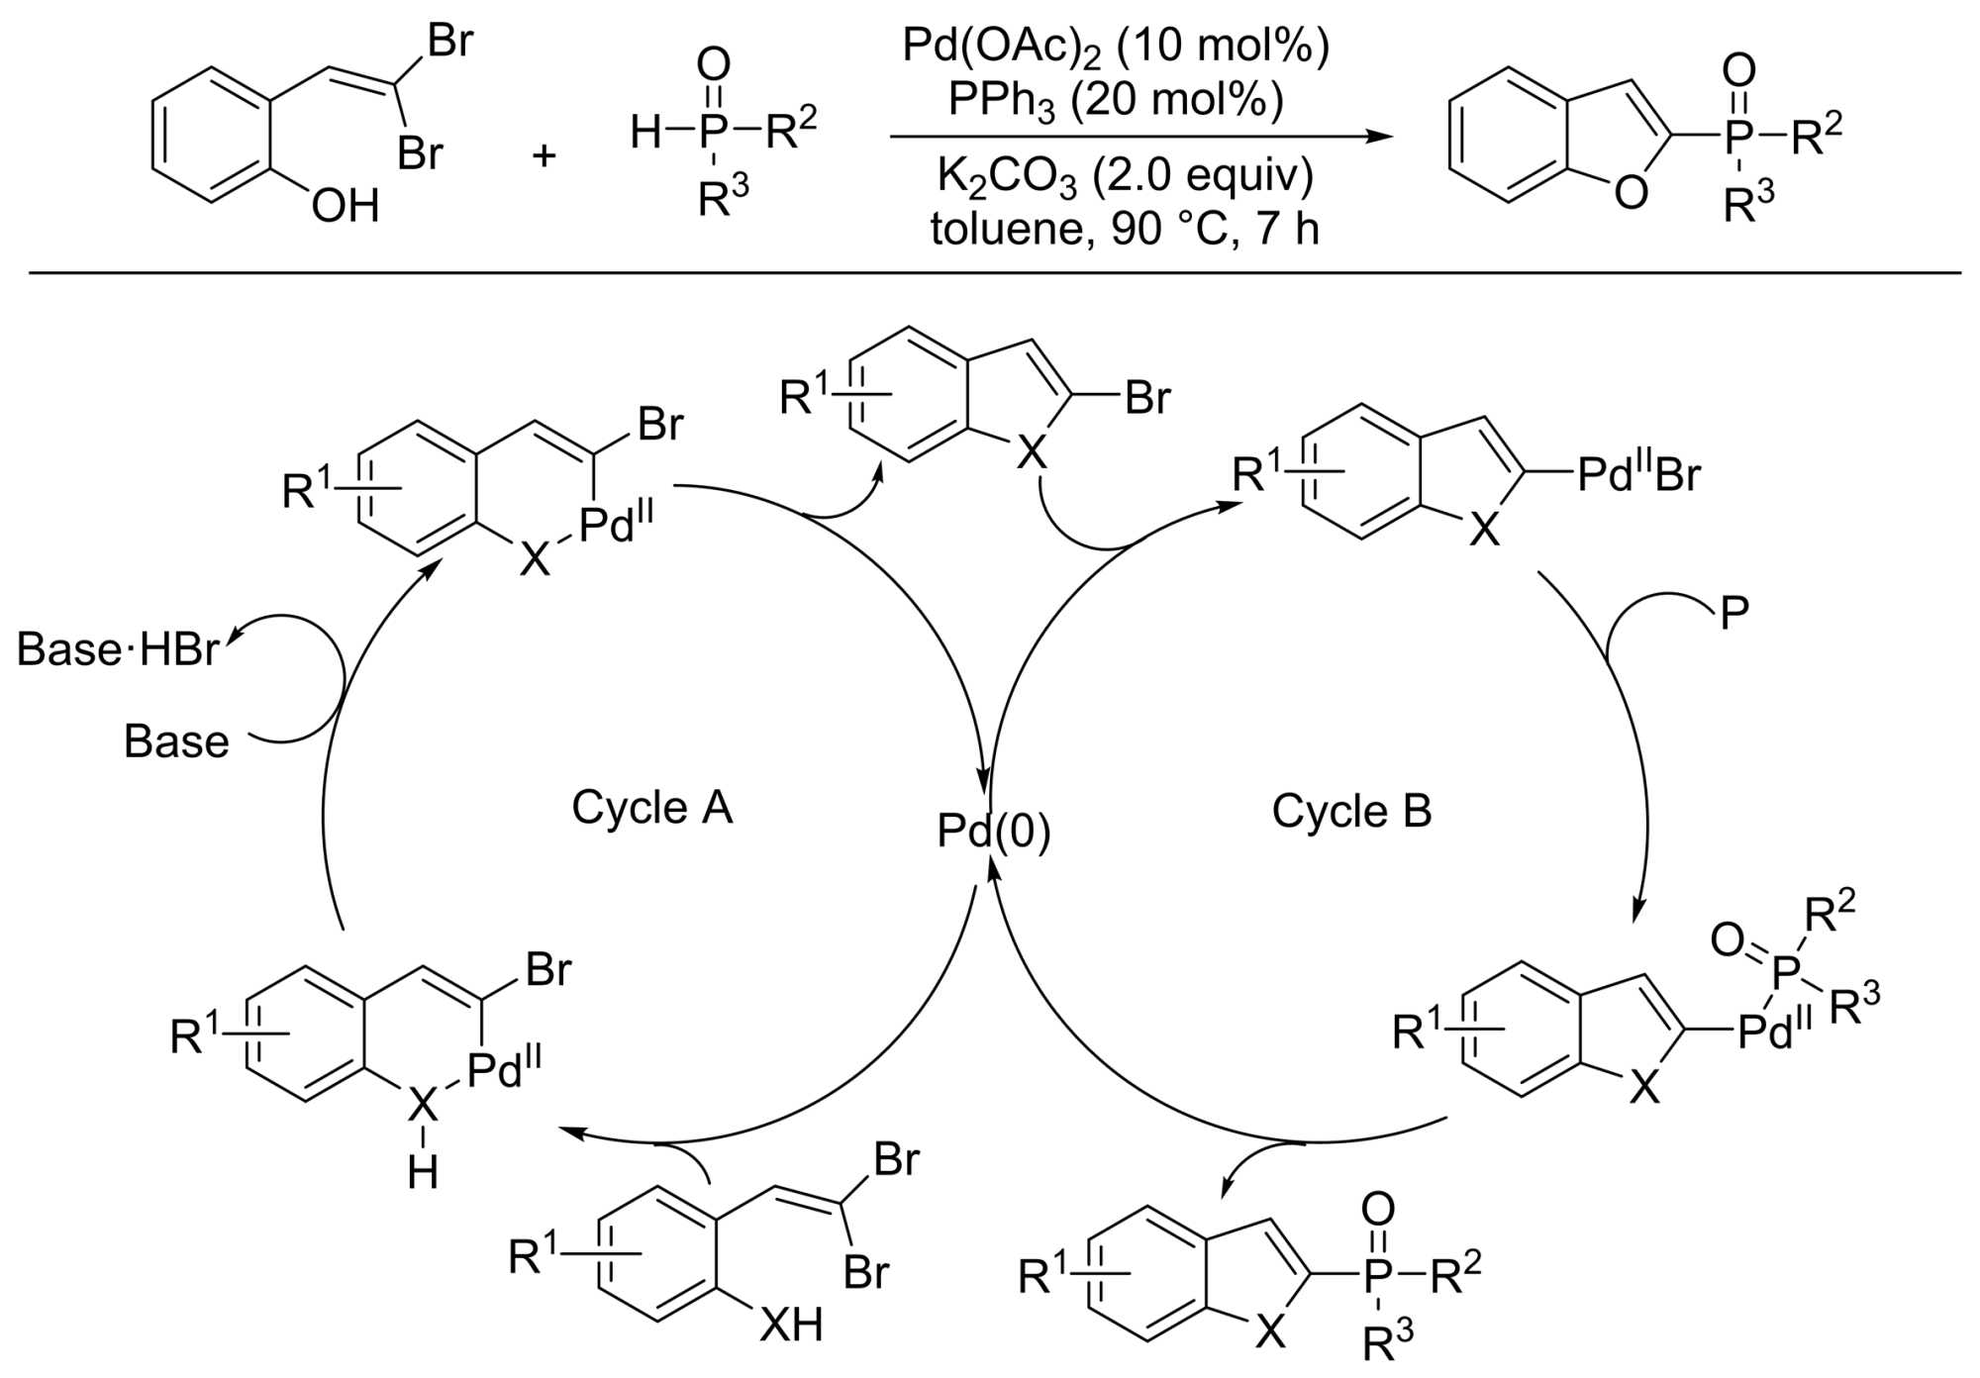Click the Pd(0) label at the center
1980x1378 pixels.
pyautogui.click(x=993, y=833)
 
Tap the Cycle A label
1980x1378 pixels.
pyautogui.click(x=651, y=808)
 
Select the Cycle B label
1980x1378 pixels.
pyautogui.click(x=1351, y=812)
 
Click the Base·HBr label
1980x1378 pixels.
pyautogui.click(x=118, y=650)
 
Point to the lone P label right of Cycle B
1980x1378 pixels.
pyautogui.click(x=1734, y=615)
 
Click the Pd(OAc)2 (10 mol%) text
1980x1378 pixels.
pyautogui.click(x=1116, y=47)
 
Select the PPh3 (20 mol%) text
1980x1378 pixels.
pyautogui.click(x=1116, y=100)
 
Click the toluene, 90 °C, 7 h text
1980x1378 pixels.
pyautogui.click(x=1125, y=230)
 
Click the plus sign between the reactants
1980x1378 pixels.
pyautogui.click(x=544, y=155)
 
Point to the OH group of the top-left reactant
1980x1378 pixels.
pyautogui.click(x=346, y=207)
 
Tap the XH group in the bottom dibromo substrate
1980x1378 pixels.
pyautogui.click(x=791, y=1324)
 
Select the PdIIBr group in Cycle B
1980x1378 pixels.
pyautogui.click(x=1638, y=475)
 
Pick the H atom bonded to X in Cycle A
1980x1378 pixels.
pyautogui.click(x=423, y=1173)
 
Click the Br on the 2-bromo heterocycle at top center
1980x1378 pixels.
pyautogui.click(x=1147, y=398)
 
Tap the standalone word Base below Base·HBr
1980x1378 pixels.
pyautogui.click(x=176, y=741)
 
